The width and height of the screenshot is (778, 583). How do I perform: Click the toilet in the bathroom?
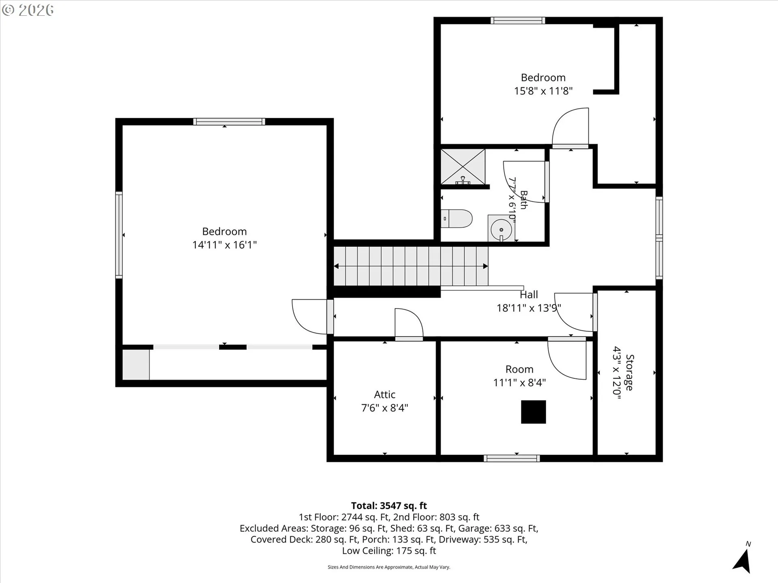point(457,219)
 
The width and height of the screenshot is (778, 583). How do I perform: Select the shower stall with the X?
point(463,167)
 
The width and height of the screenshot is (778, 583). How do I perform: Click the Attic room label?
point(385,394)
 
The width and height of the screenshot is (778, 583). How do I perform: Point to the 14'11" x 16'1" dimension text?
point(224,245)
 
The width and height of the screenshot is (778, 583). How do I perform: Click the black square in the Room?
point(533,412)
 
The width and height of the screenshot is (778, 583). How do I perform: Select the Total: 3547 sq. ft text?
point(389,506)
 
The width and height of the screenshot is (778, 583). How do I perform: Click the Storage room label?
point(630,372)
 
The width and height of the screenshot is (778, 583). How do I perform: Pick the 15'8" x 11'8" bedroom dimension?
point(543,91)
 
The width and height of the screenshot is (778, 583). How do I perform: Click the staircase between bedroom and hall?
point(411,266)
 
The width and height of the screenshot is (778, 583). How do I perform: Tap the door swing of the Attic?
point(409,323)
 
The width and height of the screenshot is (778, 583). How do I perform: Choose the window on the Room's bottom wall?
point(512,458)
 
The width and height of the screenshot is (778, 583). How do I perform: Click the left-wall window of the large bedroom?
point(119,235)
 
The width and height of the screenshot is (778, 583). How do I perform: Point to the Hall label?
point(529,294)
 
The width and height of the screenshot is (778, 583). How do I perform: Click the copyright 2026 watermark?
point(28,10)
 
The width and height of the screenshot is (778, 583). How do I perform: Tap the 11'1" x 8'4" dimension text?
point(519,383)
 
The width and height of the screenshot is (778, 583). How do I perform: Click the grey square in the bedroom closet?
point(136,364)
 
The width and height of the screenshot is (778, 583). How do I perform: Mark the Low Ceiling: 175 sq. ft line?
point(389,551)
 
